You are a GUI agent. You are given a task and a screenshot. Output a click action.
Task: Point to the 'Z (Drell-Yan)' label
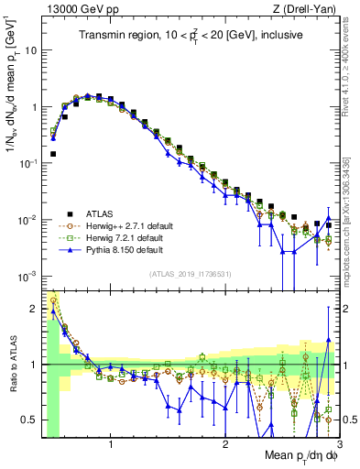308,9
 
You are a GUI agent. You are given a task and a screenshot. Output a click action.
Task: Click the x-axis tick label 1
111,445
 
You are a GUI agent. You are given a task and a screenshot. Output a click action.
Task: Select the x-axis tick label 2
224,445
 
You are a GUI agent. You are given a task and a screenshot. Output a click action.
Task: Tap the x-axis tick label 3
338,445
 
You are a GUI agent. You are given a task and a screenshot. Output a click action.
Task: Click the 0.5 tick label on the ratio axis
29,420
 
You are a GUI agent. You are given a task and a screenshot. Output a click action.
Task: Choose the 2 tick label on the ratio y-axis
35,309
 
